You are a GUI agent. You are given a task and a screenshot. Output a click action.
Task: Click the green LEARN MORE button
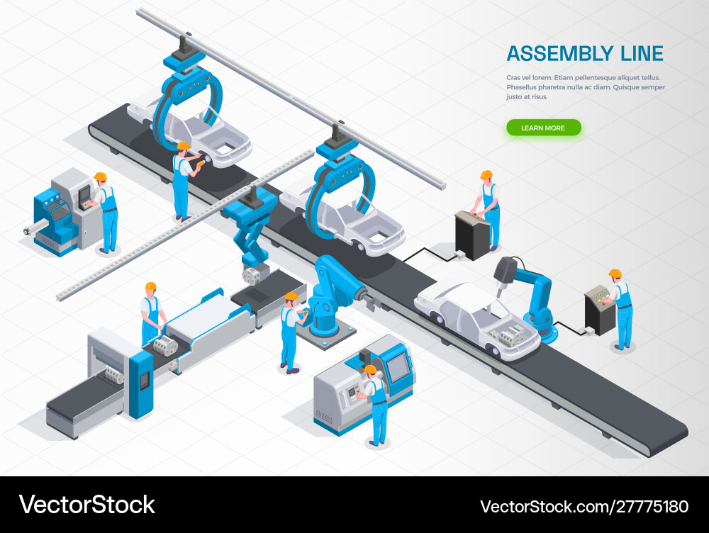(x=544, y=128)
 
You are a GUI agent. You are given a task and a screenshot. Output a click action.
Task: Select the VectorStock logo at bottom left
(x=86, y=505)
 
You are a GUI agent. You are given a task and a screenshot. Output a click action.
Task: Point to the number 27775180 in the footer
(x=650, y=506)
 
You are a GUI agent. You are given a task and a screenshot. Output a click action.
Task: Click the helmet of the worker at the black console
(x=486, y=175)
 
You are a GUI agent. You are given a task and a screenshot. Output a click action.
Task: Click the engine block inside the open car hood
(x=511, y=335)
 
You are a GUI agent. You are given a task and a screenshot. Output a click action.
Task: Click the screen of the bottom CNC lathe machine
(x=398, y=366)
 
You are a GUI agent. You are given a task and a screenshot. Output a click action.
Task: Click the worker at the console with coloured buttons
(x=622, y=309)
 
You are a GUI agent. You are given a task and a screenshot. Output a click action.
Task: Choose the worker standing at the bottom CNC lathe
(x=375, y=405)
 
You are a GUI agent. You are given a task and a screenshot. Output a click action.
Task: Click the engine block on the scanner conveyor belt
(x=165, y=345)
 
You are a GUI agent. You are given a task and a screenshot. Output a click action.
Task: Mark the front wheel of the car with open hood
(x=493, y=349)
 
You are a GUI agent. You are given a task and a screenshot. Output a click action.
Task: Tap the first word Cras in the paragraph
(x=514, y=78)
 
